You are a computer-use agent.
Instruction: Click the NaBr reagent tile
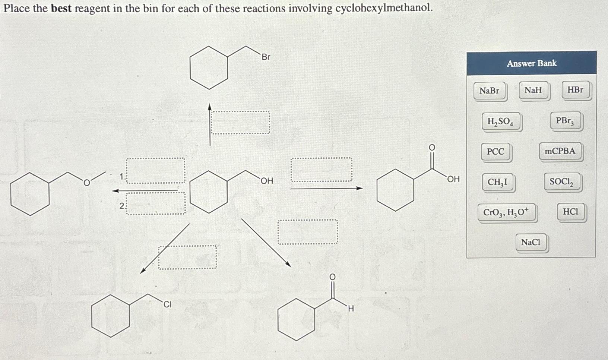point(490,91)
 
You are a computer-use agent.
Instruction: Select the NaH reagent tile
point(533,90)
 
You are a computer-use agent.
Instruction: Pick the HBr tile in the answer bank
point(575,90)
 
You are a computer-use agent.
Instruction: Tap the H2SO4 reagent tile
point(500,121)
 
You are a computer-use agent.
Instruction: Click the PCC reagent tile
point(495,152)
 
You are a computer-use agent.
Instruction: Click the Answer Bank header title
point(532,63)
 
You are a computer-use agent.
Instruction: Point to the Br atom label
point(266,57)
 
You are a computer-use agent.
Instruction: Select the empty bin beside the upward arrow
point(240,123)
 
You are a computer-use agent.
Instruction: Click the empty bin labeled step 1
point(156,170)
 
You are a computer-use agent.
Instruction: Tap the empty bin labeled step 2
point(156,203)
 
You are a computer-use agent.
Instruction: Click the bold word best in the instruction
point(61,8)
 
